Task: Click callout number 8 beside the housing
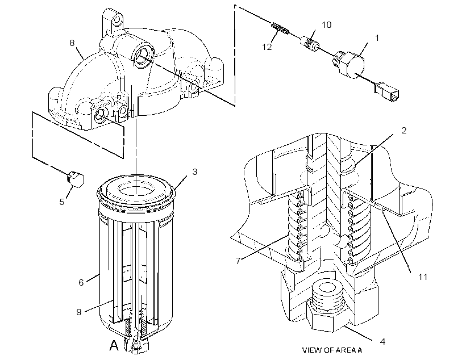pos(72,43)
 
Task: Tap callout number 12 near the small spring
pos(267,47)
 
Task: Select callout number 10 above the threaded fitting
pos(327,24)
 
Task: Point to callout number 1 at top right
pos(377,38)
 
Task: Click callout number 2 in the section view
pos(403,131)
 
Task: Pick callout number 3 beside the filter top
pos(195,171)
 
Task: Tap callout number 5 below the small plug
pos(61,202)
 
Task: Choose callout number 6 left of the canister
pos(81,282)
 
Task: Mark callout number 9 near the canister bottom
pos(79,312)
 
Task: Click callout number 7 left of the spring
pos(238,261)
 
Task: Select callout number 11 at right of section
pos(423,277)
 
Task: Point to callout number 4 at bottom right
pos(382,342)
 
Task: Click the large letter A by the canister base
pos(114,345)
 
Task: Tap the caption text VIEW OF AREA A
pos(332,350)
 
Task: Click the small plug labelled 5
pos(74,179)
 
